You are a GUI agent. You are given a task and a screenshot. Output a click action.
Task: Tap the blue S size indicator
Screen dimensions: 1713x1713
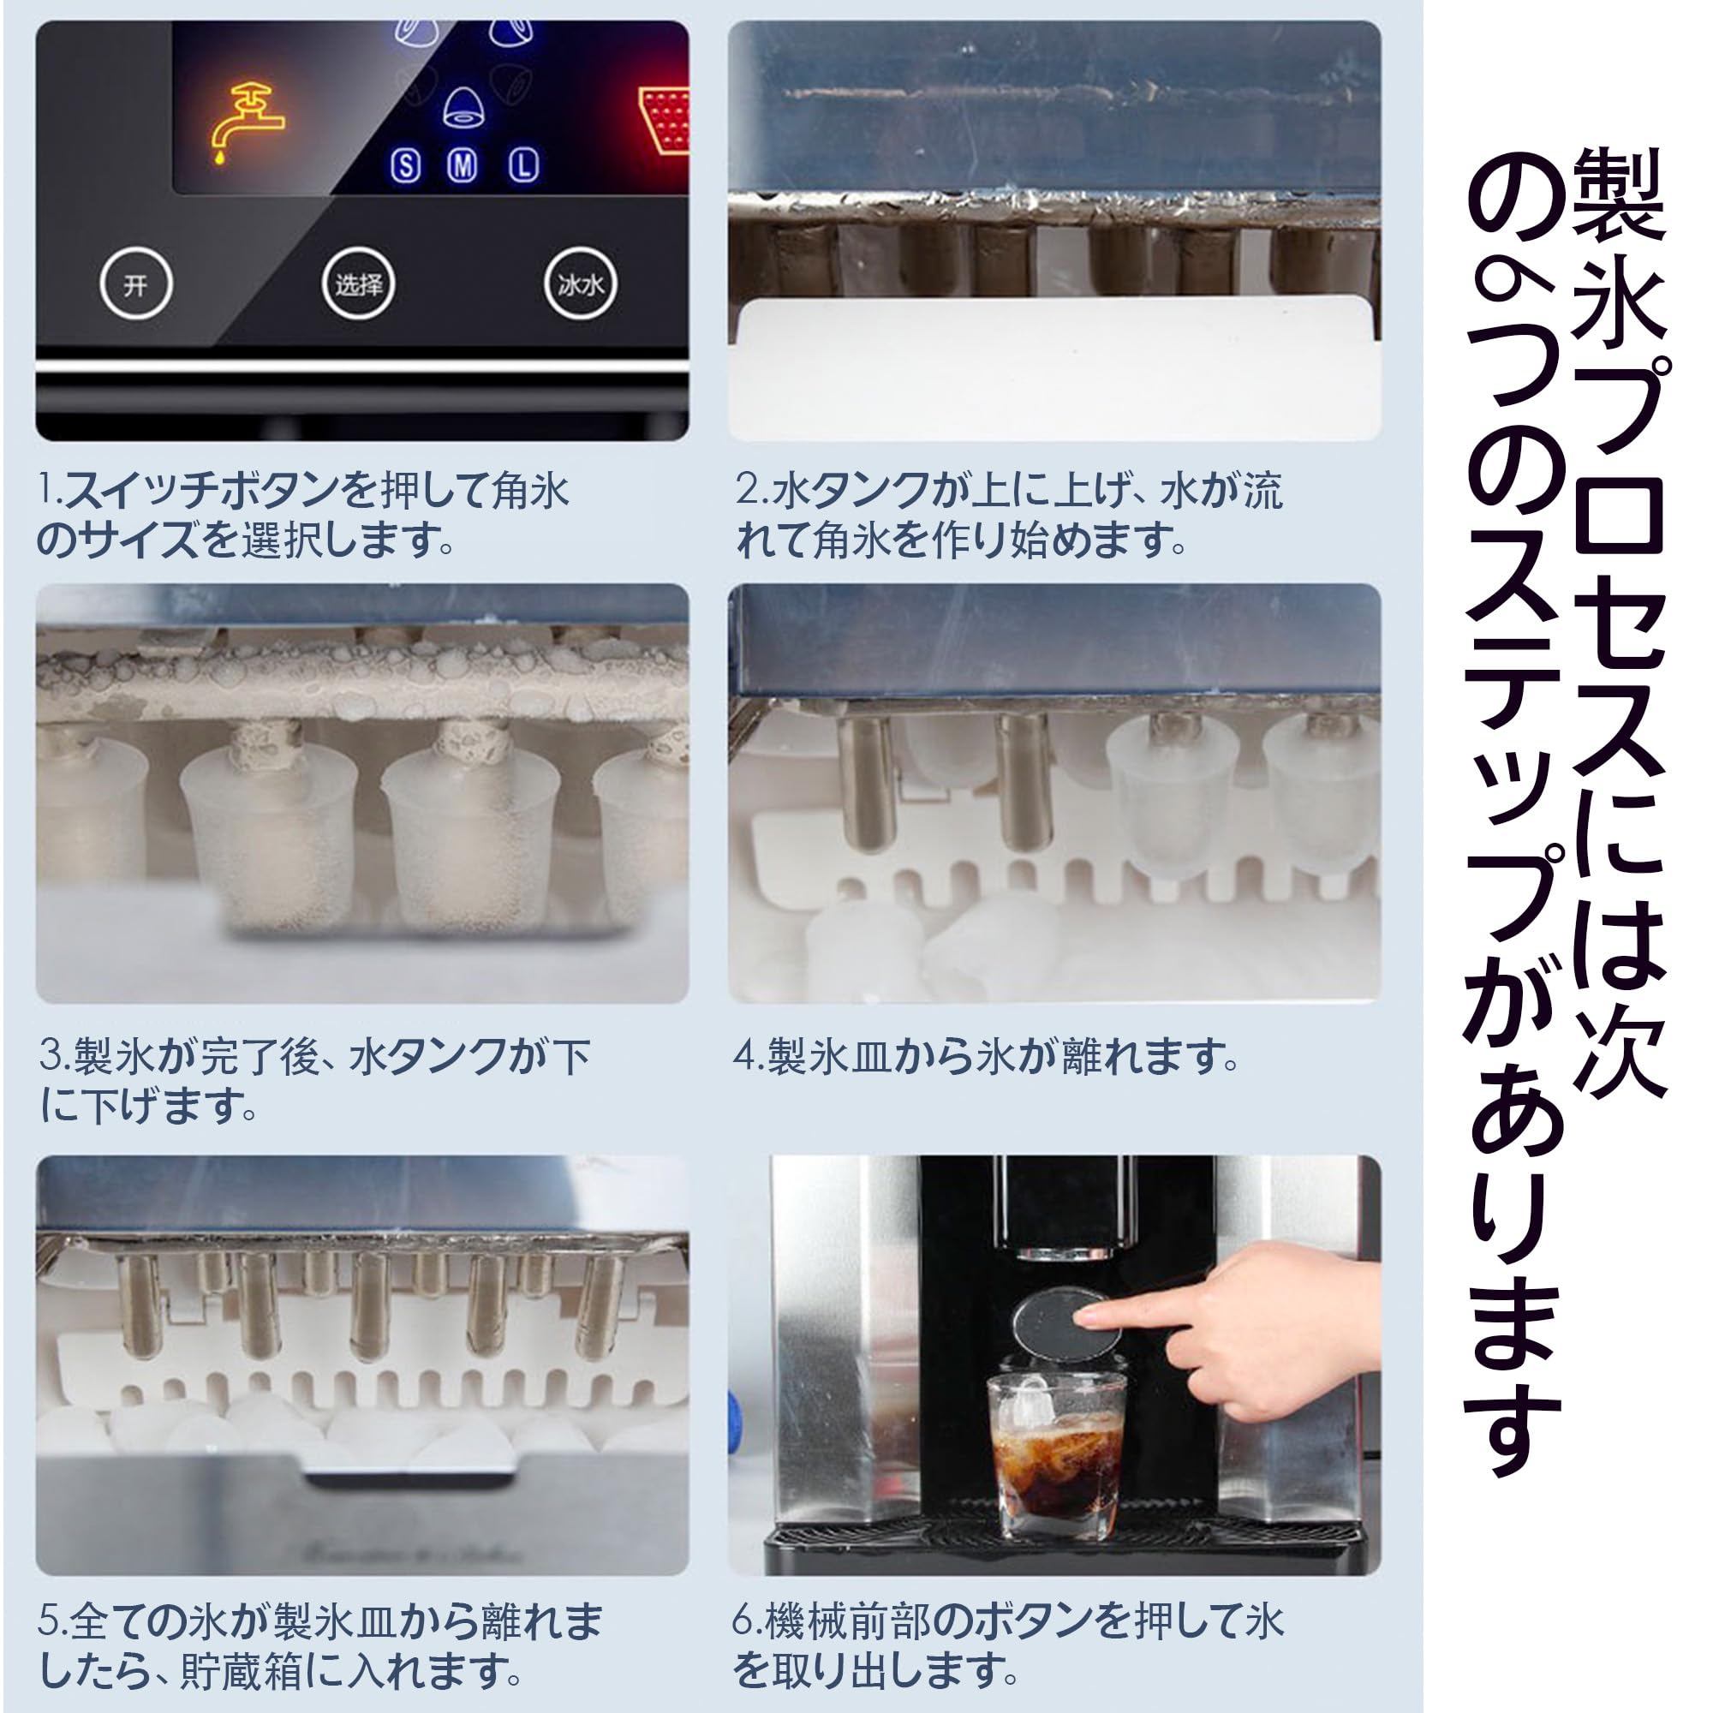point(406,166)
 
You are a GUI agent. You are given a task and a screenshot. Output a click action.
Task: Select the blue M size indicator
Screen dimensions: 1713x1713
point(463,165)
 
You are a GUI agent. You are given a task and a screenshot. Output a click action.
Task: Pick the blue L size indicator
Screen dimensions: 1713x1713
point(524,165)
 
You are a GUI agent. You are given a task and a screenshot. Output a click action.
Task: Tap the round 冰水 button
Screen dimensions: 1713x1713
point(580,284)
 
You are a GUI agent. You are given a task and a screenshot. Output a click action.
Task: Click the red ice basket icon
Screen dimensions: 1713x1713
point(666,121)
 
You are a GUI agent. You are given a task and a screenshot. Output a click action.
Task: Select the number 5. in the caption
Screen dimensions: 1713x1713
point(51,1620)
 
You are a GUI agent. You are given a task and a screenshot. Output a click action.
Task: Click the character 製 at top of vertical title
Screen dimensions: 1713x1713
point(1619,194)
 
